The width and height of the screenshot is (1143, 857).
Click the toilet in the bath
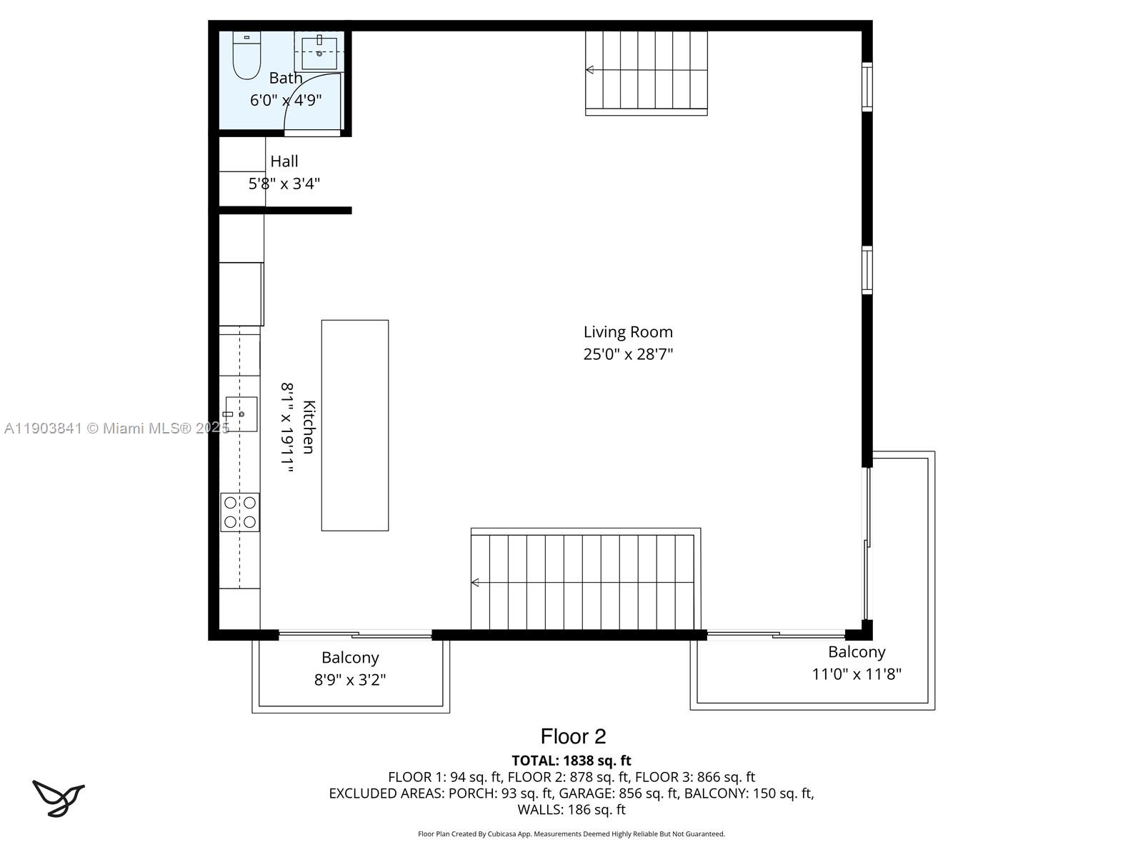[x=246, y=57]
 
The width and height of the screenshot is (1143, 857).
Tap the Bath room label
[x=286, y=78]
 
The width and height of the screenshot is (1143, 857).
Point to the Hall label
[x=284, y=161]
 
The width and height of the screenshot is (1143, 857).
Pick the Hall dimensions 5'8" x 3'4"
[x=284, y=184]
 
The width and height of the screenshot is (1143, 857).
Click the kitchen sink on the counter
[x=241, y=414]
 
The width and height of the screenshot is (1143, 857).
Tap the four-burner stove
[x=240, y=512]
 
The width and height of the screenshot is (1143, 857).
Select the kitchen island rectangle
[x=355, y=425]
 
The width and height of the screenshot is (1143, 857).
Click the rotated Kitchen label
[x=309, y=427]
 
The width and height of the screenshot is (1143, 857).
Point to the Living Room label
[x=628, y=332]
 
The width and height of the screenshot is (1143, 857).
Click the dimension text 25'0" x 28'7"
[x=628, y=354]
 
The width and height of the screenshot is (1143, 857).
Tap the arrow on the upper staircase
[x=590, y=70]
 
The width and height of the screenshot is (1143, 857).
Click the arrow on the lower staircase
[x=476, y=583]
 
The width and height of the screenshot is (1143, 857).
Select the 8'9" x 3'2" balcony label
[x=350, y=679]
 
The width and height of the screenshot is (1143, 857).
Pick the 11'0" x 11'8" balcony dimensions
[x=857, y=673]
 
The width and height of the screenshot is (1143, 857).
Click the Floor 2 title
[x=573, y=736]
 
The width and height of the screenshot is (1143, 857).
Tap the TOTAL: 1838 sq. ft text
[x=571, y=761]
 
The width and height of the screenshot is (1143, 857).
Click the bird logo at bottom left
[x=58, y=798]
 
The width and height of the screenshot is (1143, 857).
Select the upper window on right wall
[x=867, y=86]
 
